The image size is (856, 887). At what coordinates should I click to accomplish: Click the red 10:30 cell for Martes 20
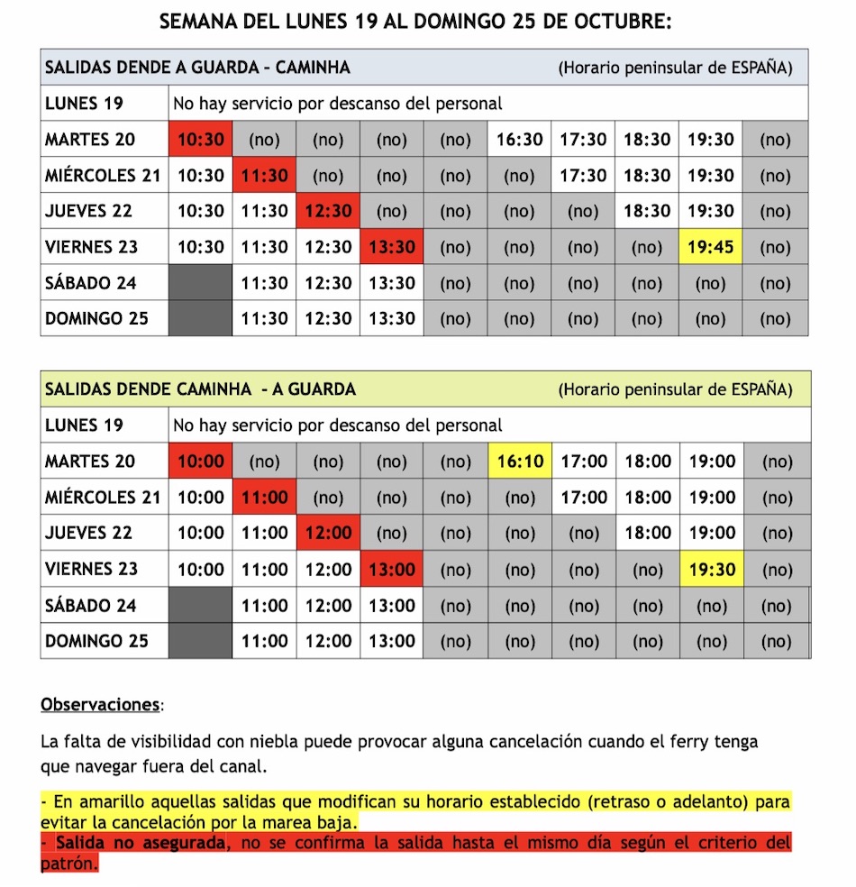pos(201,140)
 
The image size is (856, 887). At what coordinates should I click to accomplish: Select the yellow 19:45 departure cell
pos(711,247)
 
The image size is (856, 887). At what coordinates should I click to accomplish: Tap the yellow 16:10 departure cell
pos(520,462)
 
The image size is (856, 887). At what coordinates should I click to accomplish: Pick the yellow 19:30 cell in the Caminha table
pos(712,570)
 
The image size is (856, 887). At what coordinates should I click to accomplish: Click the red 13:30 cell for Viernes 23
pos(392,247)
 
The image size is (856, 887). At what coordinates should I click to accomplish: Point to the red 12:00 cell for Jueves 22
pos(328,534)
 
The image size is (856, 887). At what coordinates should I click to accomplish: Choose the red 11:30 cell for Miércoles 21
pos(265,176)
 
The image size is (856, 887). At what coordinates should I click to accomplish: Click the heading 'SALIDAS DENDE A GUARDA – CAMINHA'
pos(197,68)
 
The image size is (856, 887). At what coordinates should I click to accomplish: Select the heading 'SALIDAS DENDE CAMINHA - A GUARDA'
pos(200,389)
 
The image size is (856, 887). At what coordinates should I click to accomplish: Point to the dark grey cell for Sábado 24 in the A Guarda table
pos(200,283)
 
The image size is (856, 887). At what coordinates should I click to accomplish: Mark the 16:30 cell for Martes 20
pos(520,140)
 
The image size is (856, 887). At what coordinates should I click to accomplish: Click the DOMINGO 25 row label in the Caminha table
pos(96,642)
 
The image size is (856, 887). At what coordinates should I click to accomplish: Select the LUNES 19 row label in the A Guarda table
pos(84,104)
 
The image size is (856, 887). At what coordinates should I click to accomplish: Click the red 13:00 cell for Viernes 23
pos(392,570)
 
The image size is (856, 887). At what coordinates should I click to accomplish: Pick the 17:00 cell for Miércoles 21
pos(584,498)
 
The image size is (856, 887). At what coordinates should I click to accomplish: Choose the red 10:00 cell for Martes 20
pos(201,462)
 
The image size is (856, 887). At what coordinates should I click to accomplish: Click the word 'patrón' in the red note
pos(68,863)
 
